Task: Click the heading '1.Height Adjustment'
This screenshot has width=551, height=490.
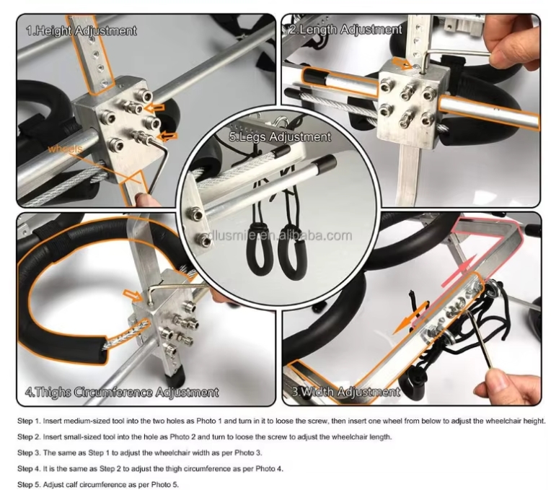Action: point(81,31)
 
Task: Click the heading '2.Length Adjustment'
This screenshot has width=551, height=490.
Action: point(345,30)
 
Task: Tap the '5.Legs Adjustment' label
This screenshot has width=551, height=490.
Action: point(280,136)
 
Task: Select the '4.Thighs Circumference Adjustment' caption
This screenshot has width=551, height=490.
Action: point(122,392)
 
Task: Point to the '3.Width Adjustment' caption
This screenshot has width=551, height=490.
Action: point(345,392)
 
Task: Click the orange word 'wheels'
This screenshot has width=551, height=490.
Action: point(66,149)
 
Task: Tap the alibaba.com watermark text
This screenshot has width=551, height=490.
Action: point(277,235)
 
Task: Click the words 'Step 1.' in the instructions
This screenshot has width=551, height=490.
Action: point(29,421)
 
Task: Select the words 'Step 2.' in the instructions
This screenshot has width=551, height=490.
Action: point(29,437)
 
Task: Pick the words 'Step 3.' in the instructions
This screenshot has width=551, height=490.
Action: point(29,452)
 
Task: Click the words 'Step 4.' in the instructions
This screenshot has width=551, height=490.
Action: point(29,468)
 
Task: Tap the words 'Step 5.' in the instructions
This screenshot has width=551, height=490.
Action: point(29,485)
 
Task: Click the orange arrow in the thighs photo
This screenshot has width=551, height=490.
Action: point(133,295)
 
